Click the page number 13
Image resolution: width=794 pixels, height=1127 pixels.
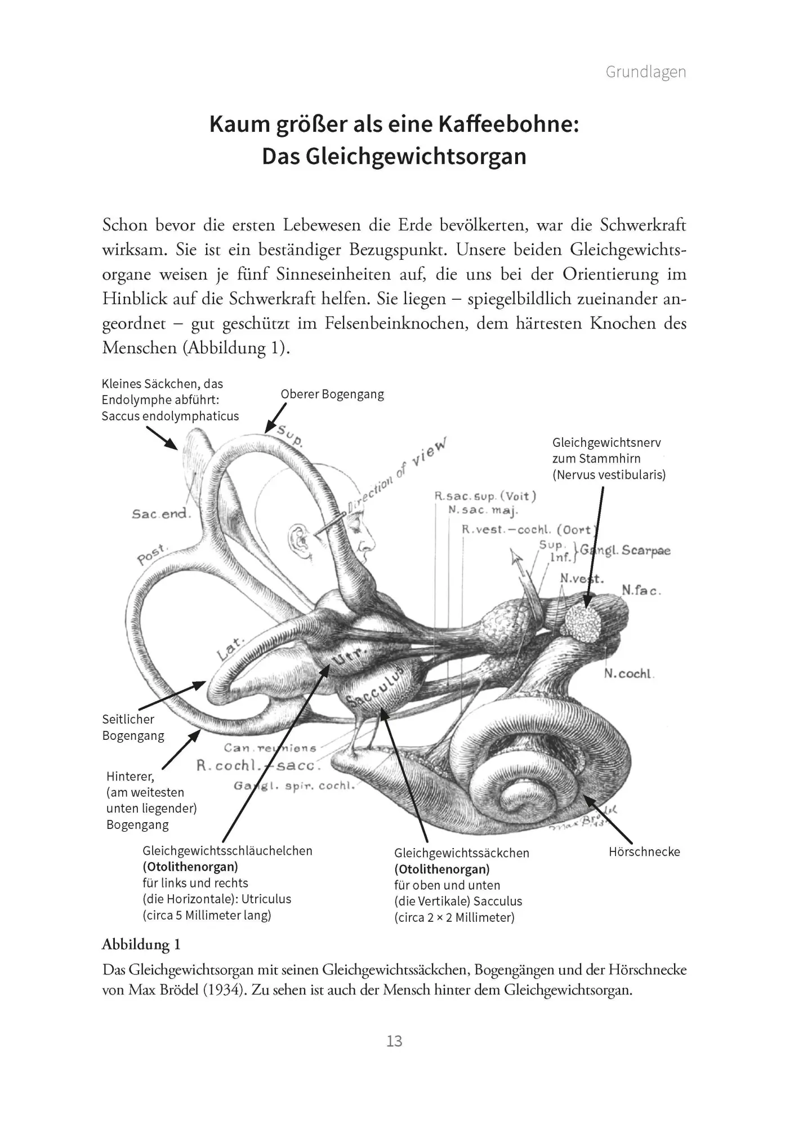pyautogui.click(x=394, y=1040)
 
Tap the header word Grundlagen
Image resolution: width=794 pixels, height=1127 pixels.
pyautogui.click(x=645, y=72)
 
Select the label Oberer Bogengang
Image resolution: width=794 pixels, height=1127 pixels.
pyautogui.click(x=332, y=394)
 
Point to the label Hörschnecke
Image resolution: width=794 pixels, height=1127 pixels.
pyautogui.click(x=644, y=851)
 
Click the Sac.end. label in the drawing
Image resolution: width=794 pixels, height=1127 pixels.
pyautogui.click(x=162, y=513)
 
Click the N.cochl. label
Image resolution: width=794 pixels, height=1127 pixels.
pyautogui.click(x=629, y=673)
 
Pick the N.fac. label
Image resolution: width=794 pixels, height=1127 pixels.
pyautogui.click(x=641, y=590)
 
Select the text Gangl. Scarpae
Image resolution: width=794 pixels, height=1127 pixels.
pyautogui.click(x=625, y=550)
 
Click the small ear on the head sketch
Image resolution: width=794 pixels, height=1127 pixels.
pyautogui.click(x=296, y=539)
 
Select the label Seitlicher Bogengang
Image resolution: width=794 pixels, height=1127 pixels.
pyautogui.click(x=133, y=727)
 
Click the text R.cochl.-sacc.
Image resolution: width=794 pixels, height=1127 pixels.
pyautogui.click(x=258, y=765)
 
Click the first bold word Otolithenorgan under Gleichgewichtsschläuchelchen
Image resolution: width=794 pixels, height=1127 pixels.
pyautogui.click(x=190, y=867)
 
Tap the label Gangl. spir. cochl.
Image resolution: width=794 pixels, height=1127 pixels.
pyautogui.click(x=294, y=786)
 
